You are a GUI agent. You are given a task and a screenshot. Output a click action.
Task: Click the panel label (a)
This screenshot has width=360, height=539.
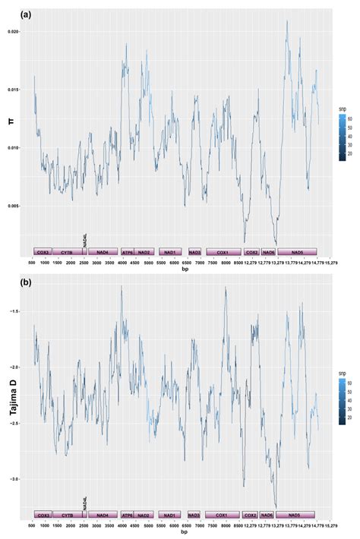pos(8,14)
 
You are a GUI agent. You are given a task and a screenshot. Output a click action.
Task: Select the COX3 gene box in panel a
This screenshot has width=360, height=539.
pos(42,251)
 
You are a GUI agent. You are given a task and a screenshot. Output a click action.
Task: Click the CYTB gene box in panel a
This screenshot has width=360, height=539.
pos(67,251)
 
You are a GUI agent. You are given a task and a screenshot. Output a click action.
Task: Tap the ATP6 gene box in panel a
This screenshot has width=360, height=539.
pos(127,251)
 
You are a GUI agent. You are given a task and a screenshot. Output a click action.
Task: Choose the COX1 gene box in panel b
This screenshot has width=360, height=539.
pos(223,515)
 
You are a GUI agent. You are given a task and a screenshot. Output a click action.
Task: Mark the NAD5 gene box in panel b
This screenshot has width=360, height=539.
pos(296,515)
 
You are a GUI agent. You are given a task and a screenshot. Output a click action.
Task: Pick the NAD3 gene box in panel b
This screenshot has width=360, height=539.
pos(194,515)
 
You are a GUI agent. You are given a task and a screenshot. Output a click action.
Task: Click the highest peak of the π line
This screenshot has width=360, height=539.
pos(286,20)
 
